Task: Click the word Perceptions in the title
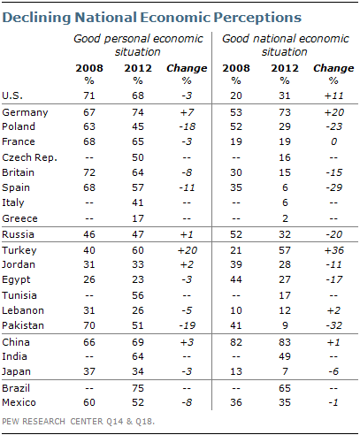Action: coord(257,18)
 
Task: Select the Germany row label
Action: coord(25,112)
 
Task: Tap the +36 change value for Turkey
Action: coord(333,250)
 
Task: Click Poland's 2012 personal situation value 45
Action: coord(138,126)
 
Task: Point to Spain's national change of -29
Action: coord(334,187)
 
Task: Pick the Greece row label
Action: coord(19,218)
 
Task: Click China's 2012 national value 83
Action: coord(285,342)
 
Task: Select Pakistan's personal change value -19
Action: coord(187,325)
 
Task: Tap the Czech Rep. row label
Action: coord(29,157)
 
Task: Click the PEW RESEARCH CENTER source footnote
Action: coord(78,422)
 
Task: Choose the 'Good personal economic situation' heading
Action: coord(138,45)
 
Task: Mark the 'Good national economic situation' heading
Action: coord(285,45)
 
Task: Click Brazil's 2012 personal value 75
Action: coord(138,388)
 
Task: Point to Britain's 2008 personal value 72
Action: coord(89,172)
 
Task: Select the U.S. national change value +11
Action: coord(333,95)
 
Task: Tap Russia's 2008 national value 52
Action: coord(236,234)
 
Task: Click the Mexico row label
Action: coord(19,402)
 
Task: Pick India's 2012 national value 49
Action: coord(285,356)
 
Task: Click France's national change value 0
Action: coord(333,141)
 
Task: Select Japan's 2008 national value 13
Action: coord(236,371)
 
